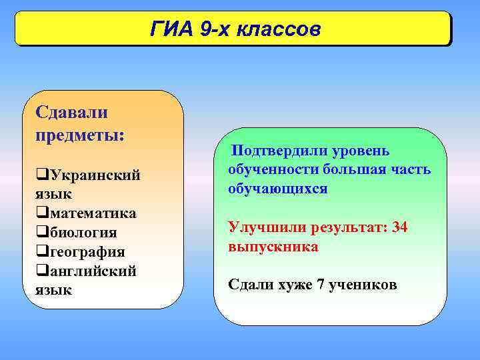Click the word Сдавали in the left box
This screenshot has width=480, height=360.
(71, 112)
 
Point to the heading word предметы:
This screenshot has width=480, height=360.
(79, 133)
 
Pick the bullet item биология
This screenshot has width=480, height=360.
(82, 233)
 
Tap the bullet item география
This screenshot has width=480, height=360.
(86, 252)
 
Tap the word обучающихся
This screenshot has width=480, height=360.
(277, 189)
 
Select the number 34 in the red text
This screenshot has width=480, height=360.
(400, 227)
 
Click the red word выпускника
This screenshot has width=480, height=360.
(273, 247)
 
